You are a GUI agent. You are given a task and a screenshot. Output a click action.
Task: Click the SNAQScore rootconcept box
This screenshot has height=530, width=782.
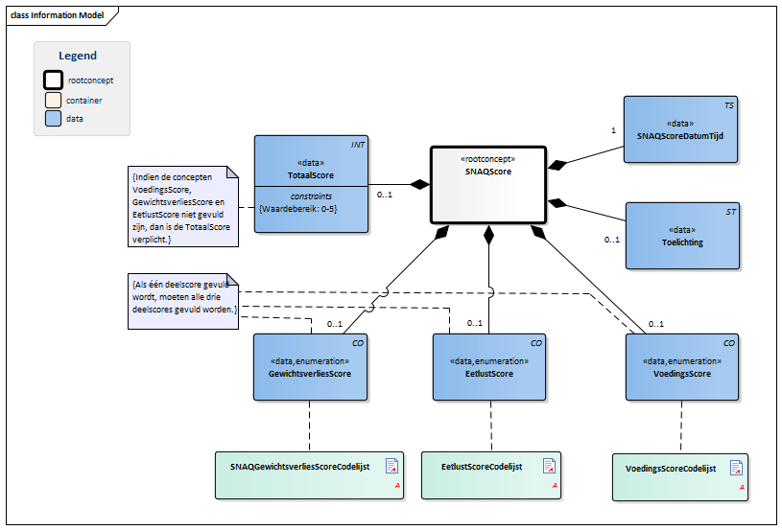click(488, 185)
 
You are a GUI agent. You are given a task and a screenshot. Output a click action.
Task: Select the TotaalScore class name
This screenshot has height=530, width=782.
click(311, 175)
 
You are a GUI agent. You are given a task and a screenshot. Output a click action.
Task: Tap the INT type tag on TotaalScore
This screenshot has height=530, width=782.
click(358, 145)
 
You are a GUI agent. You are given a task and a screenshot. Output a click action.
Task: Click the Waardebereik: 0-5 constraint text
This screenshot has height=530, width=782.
click(298, 209)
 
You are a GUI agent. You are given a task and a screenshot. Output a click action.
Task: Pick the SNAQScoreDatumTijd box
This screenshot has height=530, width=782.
click(680, 129)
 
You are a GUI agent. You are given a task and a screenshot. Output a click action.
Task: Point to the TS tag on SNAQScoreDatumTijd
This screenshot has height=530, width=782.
click(729, 105)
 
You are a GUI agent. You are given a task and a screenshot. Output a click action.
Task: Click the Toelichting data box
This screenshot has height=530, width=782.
click(683, 236)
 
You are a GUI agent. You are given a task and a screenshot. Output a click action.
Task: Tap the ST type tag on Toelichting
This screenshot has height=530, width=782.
click(730, 212)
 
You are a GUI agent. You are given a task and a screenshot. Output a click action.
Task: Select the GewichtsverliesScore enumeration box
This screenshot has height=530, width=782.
click(310, 367)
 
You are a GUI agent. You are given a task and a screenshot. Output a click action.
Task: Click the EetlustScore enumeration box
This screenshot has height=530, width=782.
click(489, 367)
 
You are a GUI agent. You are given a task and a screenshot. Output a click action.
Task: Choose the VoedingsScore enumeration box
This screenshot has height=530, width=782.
click(682, 367)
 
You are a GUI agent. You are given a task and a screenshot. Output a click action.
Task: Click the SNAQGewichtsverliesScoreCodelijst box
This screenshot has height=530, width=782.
click(309, 475)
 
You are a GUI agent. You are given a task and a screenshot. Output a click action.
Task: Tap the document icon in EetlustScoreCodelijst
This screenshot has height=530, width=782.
click(549, 466)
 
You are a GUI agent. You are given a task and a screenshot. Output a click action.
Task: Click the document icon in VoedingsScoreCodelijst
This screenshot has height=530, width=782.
click(736, 468)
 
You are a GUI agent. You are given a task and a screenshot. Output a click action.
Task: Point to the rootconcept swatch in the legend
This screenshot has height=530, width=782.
click(54, 81)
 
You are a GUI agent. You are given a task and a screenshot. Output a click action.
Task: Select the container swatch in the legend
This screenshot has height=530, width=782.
click(54, 100)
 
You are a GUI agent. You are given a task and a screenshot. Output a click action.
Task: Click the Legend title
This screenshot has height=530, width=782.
click(78, 56)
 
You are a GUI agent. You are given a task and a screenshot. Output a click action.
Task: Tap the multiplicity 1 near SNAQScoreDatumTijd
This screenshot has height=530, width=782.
click(613, 130)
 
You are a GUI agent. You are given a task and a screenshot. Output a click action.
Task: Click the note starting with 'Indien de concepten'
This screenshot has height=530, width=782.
click(183, 207)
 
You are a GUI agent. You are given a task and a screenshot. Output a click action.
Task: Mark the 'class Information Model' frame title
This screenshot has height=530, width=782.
click(57, 15)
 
